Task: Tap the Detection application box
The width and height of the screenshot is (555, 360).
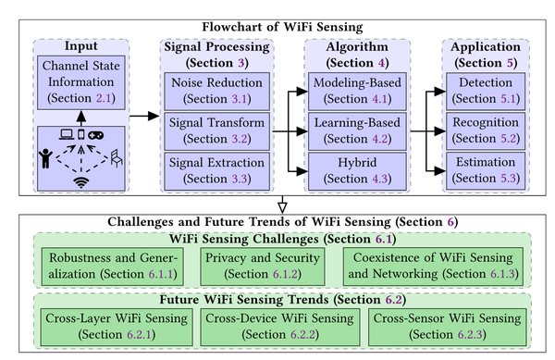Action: [x=487, y=88]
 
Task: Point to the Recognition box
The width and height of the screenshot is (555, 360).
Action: [x=487, y=129]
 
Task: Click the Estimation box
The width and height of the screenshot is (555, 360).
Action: [x=487, y=170]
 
